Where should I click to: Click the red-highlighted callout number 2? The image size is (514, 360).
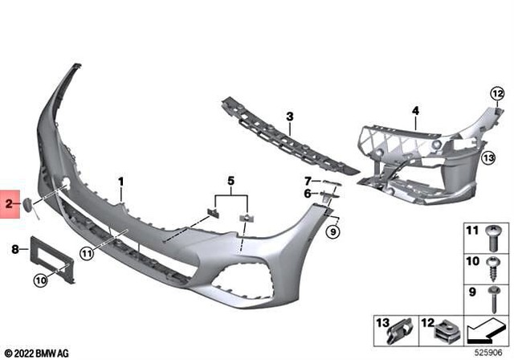coord(10,205)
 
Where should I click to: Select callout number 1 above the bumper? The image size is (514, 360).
coord(121,182)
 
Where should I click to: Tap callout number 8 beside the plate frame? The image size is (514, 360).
coord(14,250)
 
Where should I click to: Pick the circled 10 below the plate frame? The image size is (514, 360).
coord(39,280)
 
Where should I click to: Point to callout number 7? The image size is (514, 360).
coord(308,180)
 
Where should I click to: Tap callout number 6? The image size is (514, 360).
coord(308,193)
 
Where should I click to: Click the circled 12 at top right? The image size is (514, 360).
coord(496,94)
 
